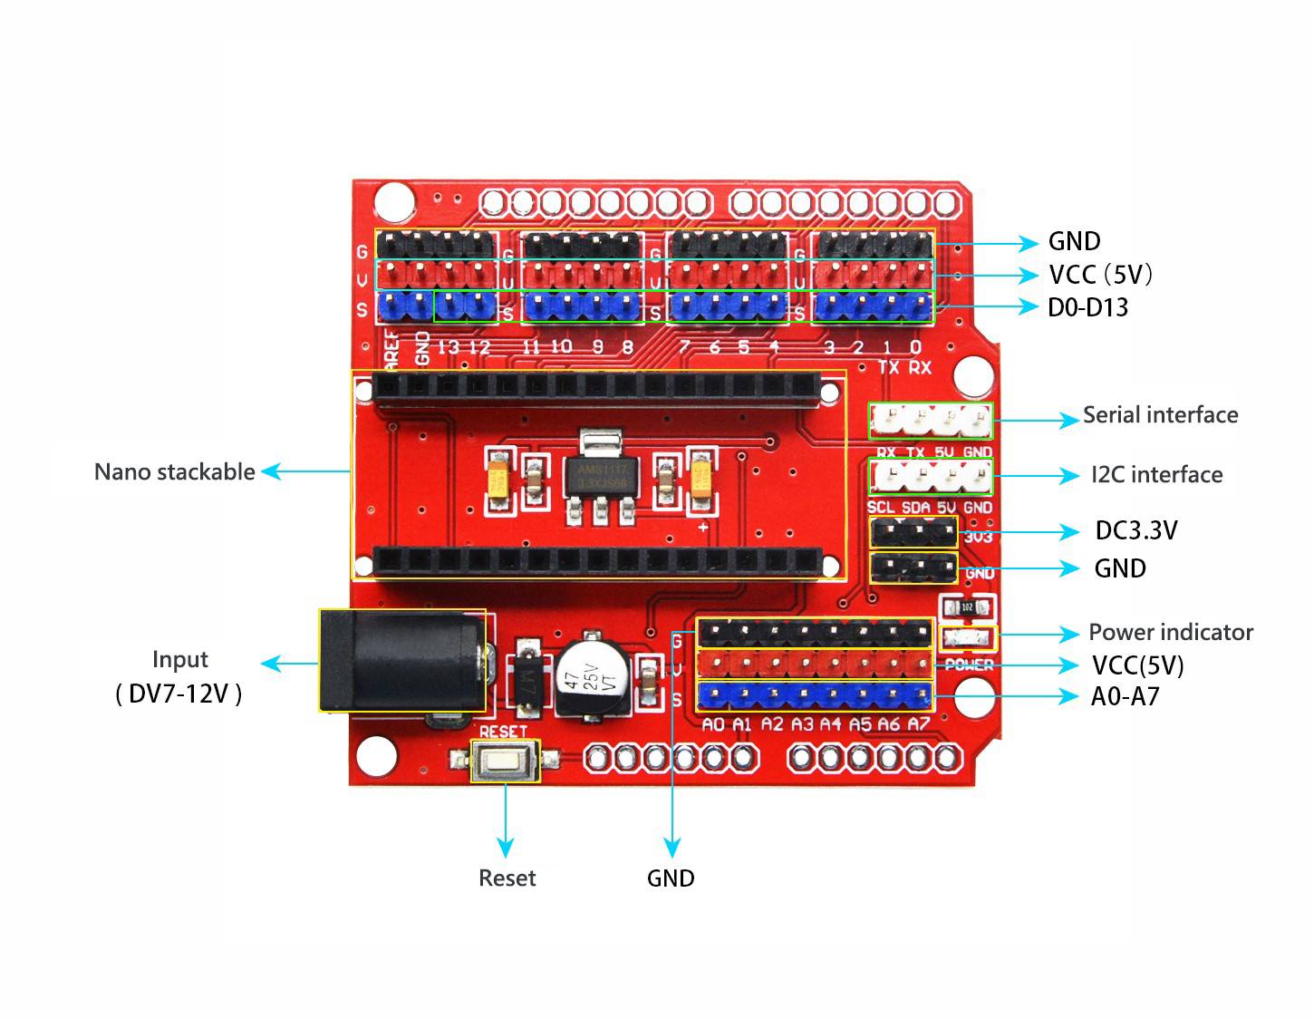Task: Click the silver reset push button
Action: pos(505,761)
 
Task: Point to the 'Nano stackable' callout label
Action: pos(174,472)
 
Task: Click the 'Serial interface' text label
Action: pos(1160,415)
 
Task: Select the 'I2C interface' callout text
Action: pos(1156,475)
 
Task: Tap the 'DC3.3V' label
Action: pos(1136,531)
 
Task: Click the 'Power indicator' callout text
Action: pos(1171,633)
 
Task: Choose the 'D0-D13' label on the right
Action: pos(1087,308)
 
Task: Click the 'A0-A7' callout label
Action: pos(1125,697)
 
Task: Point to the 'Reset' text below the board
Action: pos(507,878)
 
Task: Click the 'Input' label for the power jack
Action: pos(179,660)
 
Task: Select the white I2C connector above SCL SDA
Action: pos(931,476)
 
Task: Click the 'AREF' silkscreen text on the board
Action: pos(391,348)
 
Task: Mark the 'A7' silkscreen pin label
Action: pos(919,724)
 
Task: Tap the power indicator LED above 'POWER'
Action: pos(969,637)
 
